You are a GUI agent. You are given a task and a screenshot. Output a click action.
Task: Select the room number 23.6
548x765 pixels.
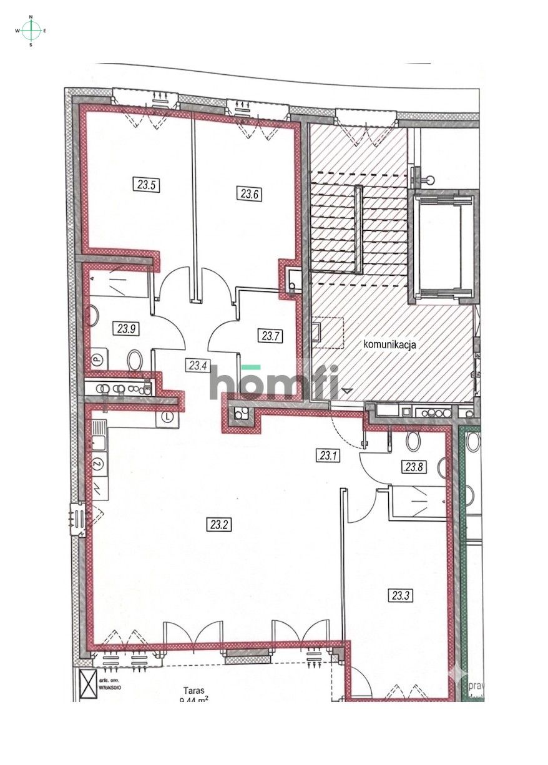248,193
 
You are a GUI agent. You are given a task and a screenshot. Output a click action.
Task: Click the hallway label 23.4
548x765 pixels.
198,366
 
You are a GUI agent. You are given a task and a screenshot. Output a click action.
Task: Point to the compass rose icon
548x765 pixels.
31,30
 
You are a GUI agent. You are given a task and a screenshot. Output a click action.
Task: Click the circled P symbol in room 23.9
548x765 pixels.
97,359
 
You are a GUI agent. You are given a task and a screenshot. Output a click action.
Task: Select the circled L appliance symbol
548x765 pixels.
167,417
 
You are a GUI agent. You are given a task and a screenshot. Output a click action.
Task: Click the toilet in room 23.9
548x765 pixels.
135,360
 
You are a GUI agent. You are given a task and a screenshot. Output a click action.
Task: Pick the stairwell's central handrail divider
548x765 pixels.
358,229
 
